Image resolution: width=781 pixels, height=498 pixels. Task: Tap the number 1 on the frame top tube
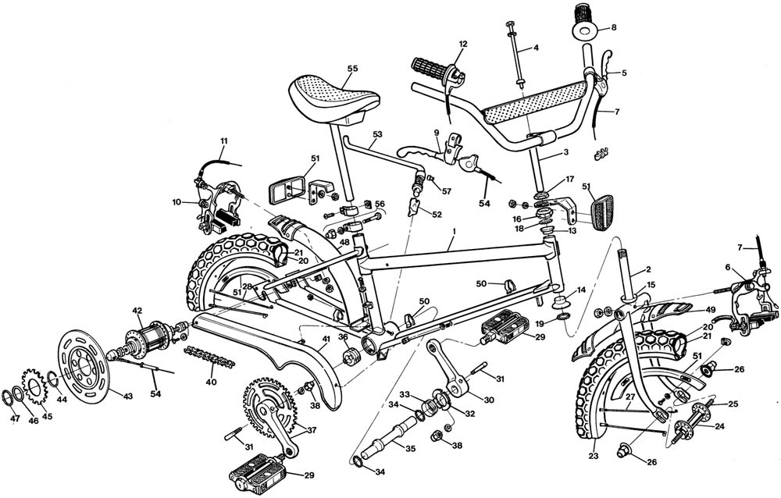tap(451, 233)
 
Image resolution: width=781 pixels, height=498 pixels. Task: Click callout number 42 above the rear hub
tap(137, 311)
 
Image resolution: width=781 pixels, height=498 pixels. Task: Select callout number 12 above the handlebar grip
tap(462, 44)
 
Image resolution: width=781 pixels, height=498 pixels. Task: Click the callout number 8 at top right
tap(614, 27)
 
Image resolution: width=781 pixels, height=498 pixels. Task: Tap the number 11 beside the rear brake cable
tap(223, 141)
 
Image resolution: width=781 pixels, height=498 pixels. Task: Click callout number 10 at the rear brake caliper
tap(177, 203)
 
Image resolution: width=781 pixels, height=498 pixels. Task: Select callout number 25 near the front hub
tap(733, 404)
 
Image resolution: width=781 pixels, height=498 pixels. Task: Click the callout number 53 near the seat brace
tap(378, 135)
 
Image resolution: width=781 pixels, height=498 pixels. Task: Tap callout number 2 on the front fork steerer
tap(647, 270)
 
